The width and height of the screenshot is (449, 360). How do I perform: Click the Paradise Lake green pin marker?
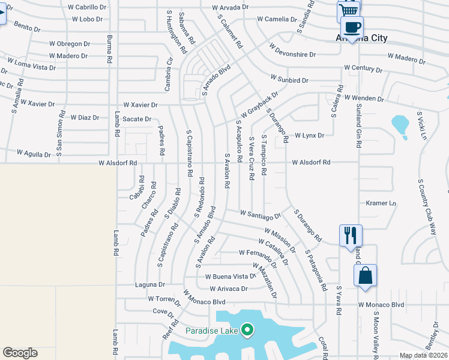tap(246, 330)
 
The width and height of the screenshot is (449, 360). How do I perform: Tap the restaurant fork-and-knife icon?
tap(351, 235)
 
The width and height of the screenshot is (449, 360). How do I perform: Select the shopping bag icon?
tap(365, 276)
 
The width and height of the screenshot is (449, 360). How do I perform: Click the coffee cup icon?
tap(352, 27)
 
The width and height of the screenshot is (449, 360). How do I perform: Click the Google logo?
tap(20, 353)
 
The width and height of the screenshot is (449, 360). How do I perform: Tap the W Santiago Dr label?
tap(261, 214)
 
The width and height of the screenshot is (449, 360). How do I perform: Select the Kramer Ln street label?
tap(381, 203)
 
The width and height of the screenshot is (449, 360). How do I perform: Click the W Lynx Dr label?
tap(309, 136)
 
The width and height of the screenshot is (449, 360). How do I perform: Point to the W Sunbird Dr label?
tap(289, 79)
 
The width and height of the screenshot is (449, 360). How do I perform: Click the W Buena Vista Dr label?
tap(231, 277)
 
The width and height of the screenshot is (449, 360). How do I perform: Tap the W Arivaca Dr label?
tap(228, 289)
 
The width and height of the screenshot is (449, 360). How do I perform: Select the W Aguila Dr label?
tap(34, 154)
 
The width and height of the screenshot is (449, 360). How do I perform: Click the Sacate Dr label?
tap(137, 119)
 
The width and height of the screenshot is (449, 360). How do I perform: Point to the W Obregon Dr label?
tap(70, 44)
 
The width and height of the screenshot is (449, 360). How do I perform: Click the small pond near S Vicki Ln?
tap(400, 125)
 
